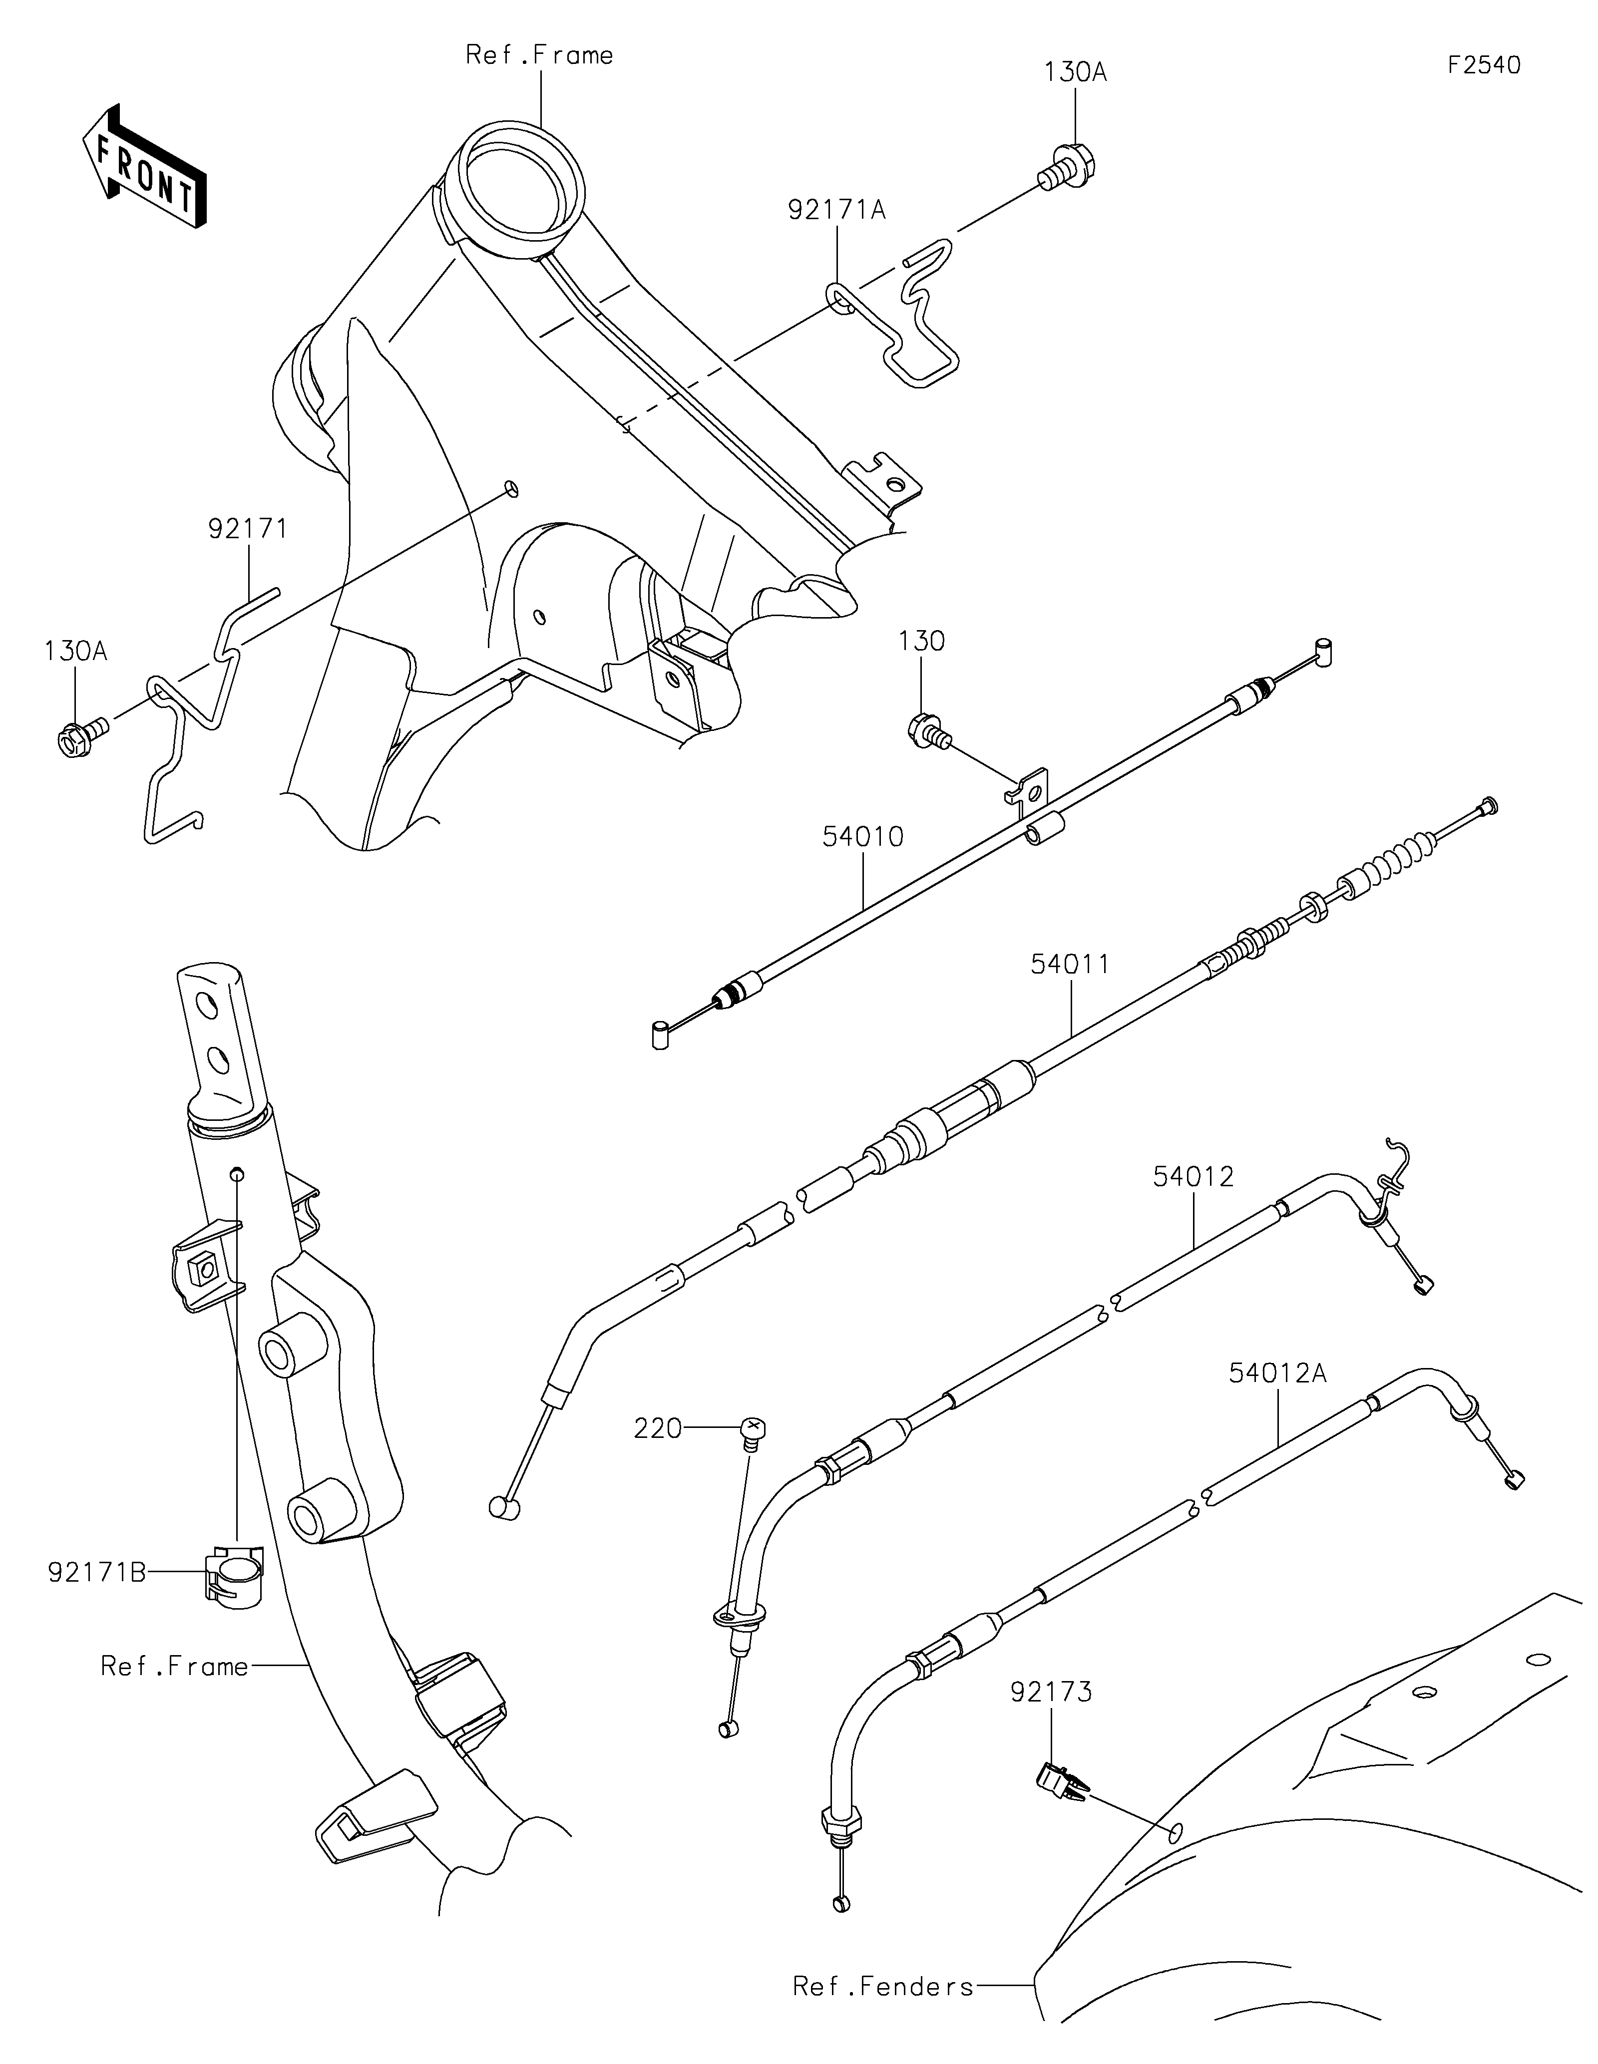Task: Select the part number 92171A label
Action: pyautogui.click(x=837, y=210)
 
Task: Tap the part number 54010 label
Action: pyautogui.click(x=863, y=836)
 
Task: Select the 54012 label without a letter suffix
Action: pyautogui.click(x=1193, y=1177)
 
